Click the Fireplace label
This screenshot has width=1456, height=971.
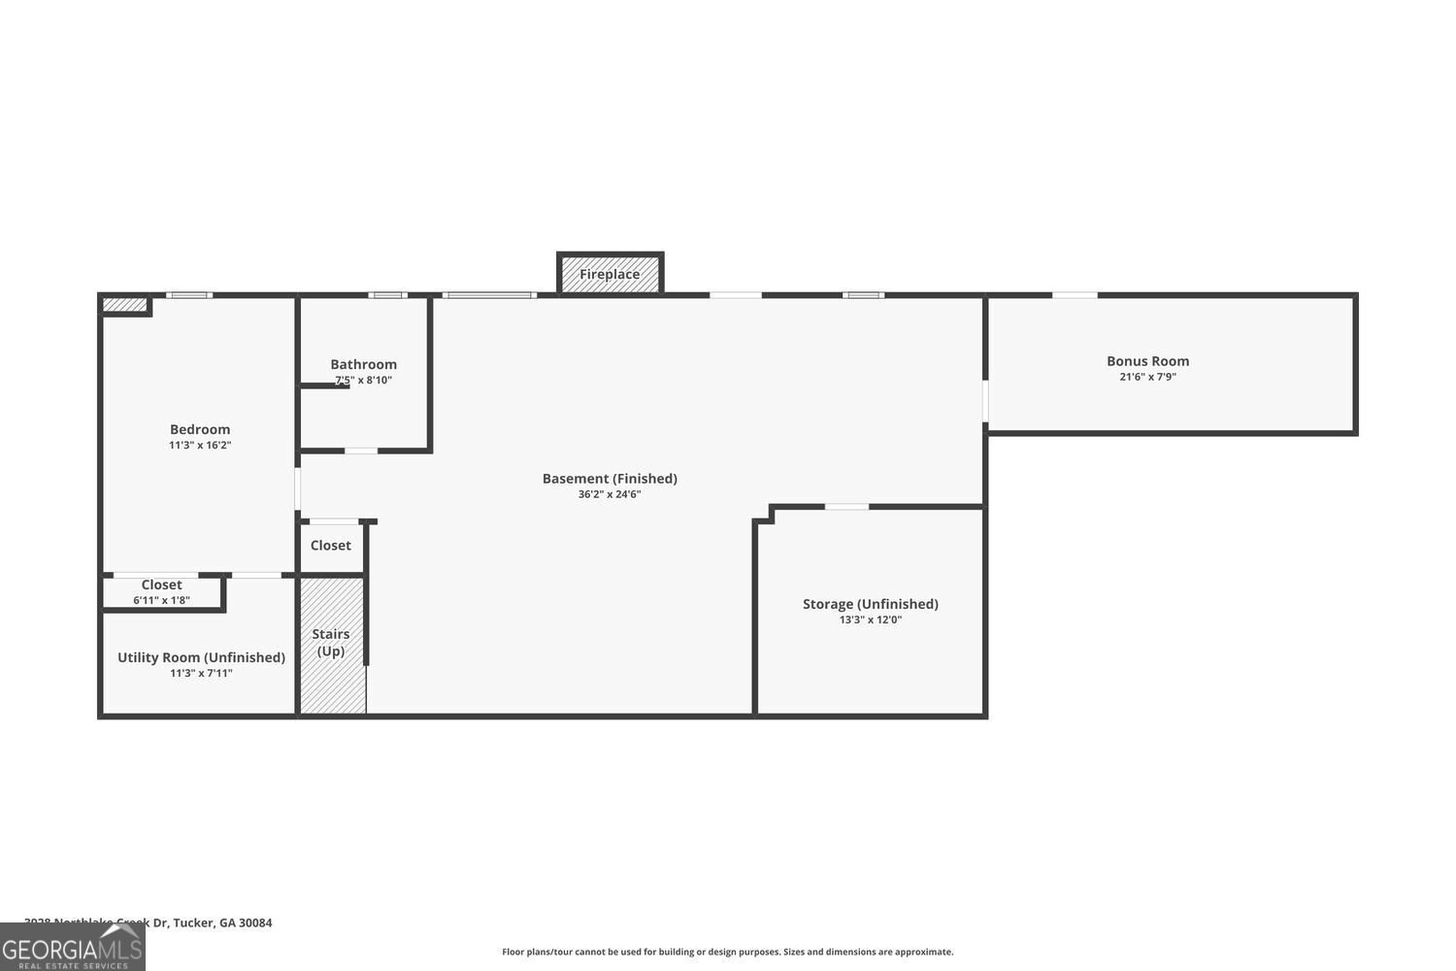pos(610,274)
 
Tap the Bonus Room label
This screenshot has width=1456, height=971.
pos(1147,361)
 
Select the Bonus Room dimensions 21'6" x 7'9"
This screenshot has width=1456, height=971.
pos(1147,377)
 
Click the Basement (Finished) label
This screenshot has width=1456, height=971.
pos(610,478)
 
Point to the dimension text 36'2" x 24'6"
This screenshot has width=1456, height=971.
pos(610,494)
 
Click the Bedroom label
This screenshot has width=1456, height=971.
pos(200,429)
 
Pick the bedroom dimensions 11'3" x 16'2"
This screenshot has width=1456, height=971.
pos(200,445)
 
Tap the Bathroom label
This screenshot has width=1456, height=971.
pos(363,364)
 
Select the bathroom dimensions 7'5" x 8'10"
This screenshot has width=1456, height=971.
pos(363,381)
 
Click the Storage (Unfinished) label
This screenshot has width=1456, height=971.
pos(870,604)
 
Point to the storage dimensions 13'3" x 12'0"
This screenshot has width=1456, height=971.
pos(870,619)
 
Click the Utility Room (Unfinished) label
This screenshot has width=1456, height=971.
pos(201,657)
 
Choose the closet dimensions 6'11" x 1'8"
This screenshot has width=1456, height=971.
pos(161,600)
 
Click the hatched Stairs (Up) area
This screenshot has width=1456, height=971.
pos(332,670)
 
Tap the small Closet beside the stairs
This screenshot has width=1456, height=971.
pos(331,546)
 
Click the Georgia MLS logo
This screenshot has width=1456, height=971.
pos(72,948)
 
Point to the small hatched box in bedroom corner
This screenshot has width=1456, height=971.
pos(124,305)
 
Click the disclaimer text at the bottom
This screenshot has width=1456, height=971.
pos(727,952)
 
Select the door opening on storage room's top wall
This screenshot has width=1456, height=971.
pos(846,506)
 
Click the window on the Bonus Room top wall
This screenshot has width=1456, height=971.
pos(1075,295)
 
